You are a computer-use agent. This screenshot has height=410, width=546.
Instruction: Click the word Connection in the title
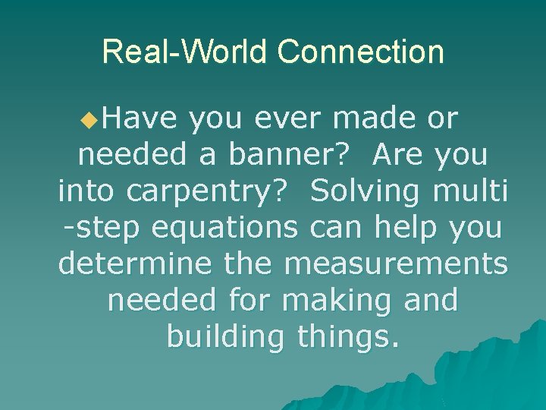click(x=360, y=52)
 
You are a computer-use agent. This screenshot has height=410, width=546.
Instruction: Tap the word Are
click(x=400, y=156)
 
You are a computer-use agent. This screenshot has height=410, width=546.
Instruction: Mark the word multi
click(x=470, y=191)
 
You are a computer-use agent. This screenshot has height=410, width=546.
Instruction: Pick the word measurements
click(x=396, y=263)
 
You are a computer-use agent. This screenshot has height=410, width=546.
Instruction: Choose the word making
click(x=340, y=300)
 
